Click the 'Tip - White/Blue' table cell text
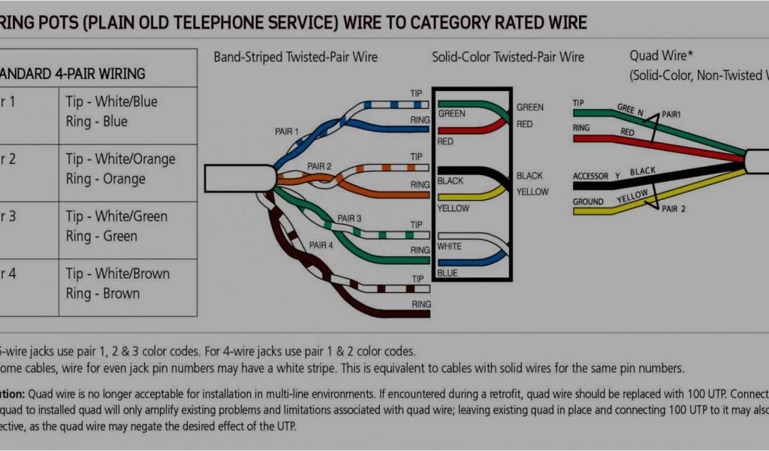pos(111,101)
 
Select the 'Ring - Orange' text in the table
pos(105,179)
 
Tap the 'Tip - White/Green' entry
pos(116,216)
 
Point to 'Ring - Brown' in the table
pos(102,293)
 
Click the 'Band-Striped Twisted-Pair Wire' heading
pos(295,57)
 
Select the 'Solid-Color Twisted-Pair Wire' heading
pos(508,57)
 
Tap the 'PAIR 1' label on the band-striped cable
pos(286,132)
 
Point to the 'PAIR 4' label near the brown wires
pos(321,245)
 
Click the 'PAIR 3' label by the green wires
pos(349,218)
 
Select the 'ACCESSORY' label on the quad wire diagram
pos(596,177)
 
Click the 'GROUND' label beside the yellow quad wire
pos(588,201)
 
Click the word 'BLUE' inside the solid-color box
pos(448,273)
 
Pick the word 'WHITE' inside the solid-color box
pos(449,247)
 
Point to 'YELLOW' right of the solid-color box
pos(532,192)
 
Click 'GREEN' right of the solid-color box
pos(529,107)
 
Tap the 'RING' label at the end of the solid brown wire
pos(421,304)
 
